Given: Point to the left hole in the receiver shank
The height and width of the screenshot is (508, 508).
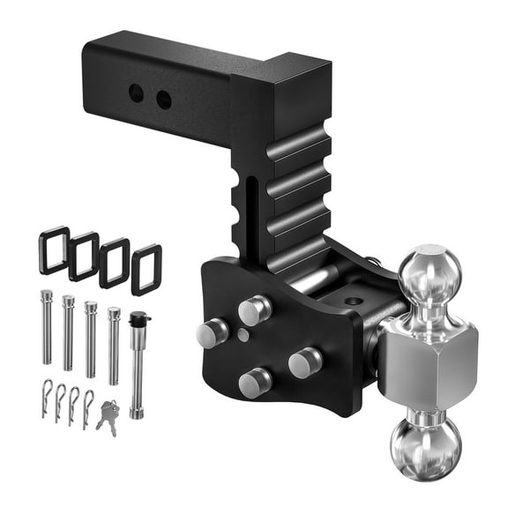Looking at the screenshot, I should pyautogui.click(x=136, y=93).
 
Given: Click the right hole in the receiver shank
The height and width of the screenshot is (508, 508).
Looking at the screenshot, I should pyautogui.click(x=163, y=100).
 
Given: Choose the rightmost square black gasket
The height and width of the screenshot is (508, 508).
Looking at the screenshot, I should pyautogui.click(x=146, y=269).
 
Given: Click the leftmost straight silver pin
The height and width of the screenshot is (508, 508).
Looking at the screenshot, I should pyautogui.click(x=46, y=325).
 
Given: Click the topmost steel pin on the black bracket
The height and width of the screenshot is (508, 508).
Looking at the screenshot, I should pyautogui.click(x=254, y=310).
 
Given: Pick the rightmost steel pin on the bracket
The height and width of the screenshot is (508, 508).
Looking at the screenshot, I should pyautogui.click(x=304, y=362).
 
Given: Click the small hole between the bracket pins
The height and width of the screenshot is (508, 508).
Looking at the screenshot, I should pyautogui.click(x=243, y=336).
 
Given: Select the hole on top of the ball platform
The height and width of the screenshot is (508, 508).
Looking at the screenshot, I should pyautogui.click(x=353, y=301).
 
